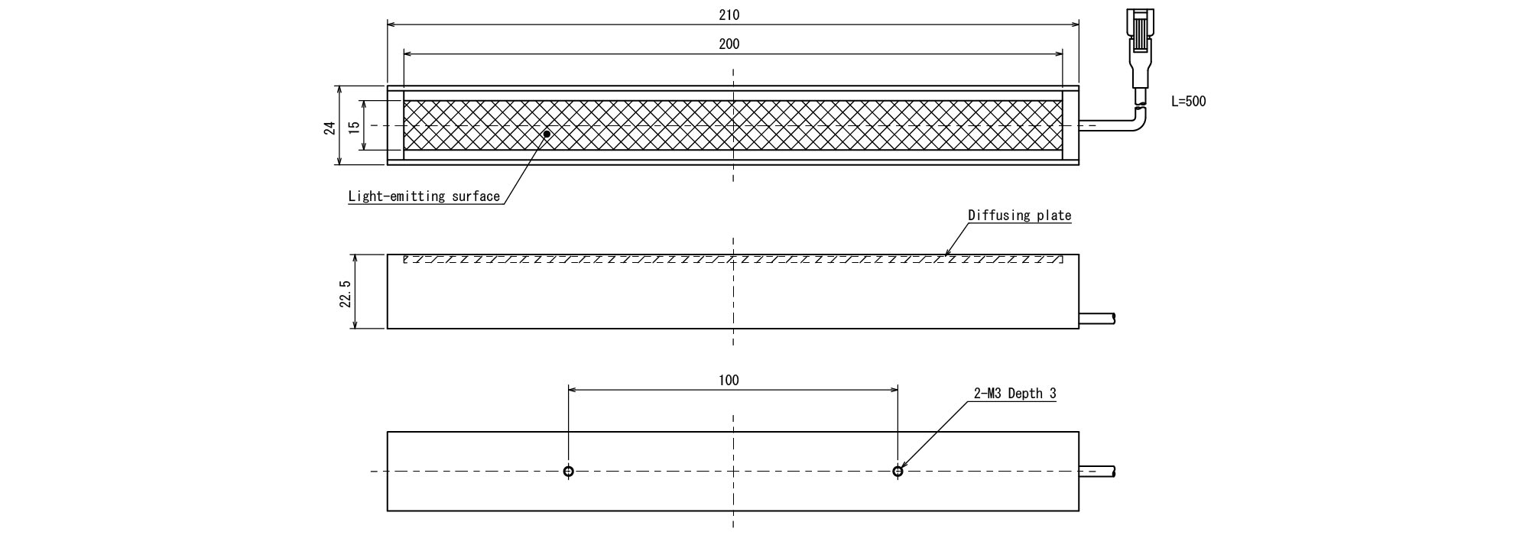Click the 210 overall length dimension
pos(729,15)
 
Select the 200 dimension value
pos(729,44)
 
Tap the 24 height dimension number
pos(329,127)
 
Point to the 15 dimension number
pos(353,127)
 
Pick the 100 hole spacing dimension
pos(729,381)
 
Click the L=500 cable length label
pos(1189,101)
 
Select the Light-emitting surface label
pos(424,196)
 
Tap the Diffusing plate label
pos(1020,216)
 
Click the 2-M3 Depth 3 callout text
pos(1015,394)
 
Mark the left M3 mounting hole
pos(568,472)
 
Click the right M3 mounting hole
pos(898,472)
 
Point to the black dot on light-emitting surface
pos(547,134)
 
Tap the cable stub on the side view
pos(1097,318)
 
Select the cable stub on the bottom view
pos(1097,472)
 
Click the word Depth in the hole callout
pos(1025,394)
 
